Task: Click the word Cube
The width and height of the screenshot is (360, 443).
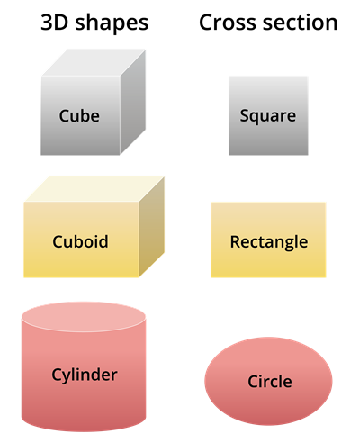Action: tap(79, 115)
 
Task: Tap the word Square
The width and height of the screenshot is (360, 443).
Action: tap(267, 115)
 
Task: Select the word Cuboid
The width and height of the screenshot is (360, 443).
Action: tap(80, 241)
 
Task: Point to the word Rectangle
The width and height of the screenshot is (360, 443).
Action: tap(268, 241)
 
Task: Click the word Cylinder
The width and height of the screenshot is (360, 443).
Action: tap(84, 375)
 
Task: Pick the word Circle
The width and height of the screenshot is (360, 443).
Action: tap(269, 382)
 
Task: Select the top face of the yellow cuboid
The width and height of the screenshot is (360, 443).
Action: tap(94, 187)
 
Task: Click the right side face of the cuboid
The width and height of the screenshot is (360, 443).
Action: tap(152, 227)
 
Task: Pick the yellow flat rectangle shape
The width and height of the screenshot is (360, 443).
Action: tap(268, 263)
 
